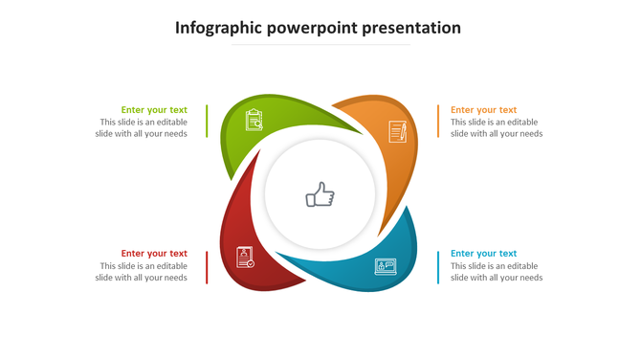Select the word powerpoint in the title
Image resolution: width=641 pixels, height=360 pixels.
point(310,28)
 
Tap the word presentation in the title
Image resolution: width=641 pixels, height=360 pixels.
point(412,28)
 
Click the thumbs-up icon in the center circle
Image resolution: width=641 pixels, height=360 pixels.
point(320,195)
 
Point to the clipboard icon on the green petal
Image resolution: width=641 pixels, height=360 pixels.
point(254,120)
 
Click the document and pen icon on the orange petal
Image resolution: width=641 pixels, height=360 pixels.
point(397,131)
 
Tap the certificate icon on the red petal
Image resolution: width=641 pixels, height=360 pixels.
point(245,257)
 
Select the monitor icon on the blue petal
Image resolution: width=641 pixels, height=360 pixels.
point(386,266)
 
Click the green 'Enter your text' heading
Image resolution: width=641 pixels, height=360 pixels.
point(154,110)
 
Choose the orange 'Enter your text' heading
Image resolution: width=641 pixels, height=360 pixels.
point(483,110)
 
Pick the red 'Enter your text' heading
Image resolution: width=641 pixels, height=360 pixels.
point(154,254)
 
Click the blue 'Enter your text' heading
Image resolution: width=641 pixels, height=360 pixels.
point(483,254)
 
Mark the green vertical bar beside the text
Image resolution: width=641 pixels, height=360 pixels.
point(207,122)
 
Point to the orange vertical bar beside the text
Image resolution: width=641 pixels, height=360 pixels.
point(438,122)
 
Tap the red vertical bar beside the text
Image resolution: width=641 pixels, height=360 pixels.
point(207,267)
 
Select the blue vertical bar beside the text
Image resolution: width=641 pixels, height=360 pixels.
point(438,267)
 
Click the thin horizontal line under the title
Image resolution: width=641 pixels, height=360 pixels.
point(320,45)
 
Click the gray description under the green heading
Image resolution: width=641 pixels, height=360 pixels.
point(142,128)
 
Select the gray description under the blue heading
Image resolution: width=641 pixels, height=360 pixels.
point(497,272)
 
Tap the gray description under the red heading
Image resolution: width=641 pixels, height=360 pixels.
point(142,272)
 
